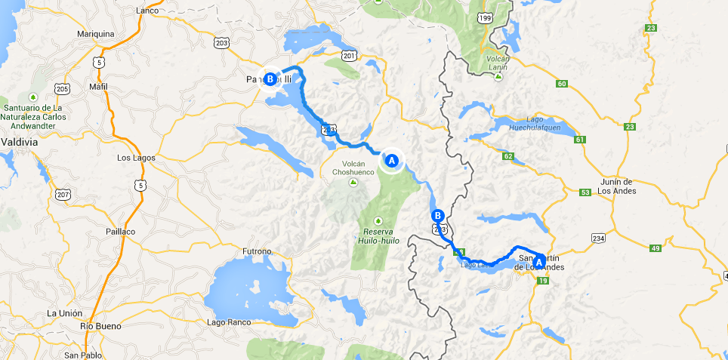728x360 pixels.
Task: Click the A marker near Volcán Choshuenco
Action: click(391, 160)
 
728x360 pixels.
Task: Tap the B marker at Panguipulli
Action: click(270, 78)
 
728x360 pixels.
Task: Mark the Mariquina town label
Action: click(96, 34)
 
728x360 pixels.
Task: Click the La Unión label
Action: click(62, 313)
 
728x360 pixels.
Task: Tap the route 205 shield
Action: click(62, 90)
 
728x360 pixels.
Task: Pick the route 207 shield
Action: click(62, 194)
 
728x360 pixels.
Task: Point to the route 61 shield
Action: click(580, 140)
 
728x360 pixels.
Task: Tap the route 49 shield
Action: click(655, 248)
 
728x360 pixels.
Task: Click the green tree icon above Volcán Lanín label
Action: click(498, 76)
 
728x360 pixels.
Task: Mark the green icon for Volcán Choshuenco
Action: click(353, 183)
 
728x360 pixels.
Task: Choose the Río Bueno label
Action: click(97, 327)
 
